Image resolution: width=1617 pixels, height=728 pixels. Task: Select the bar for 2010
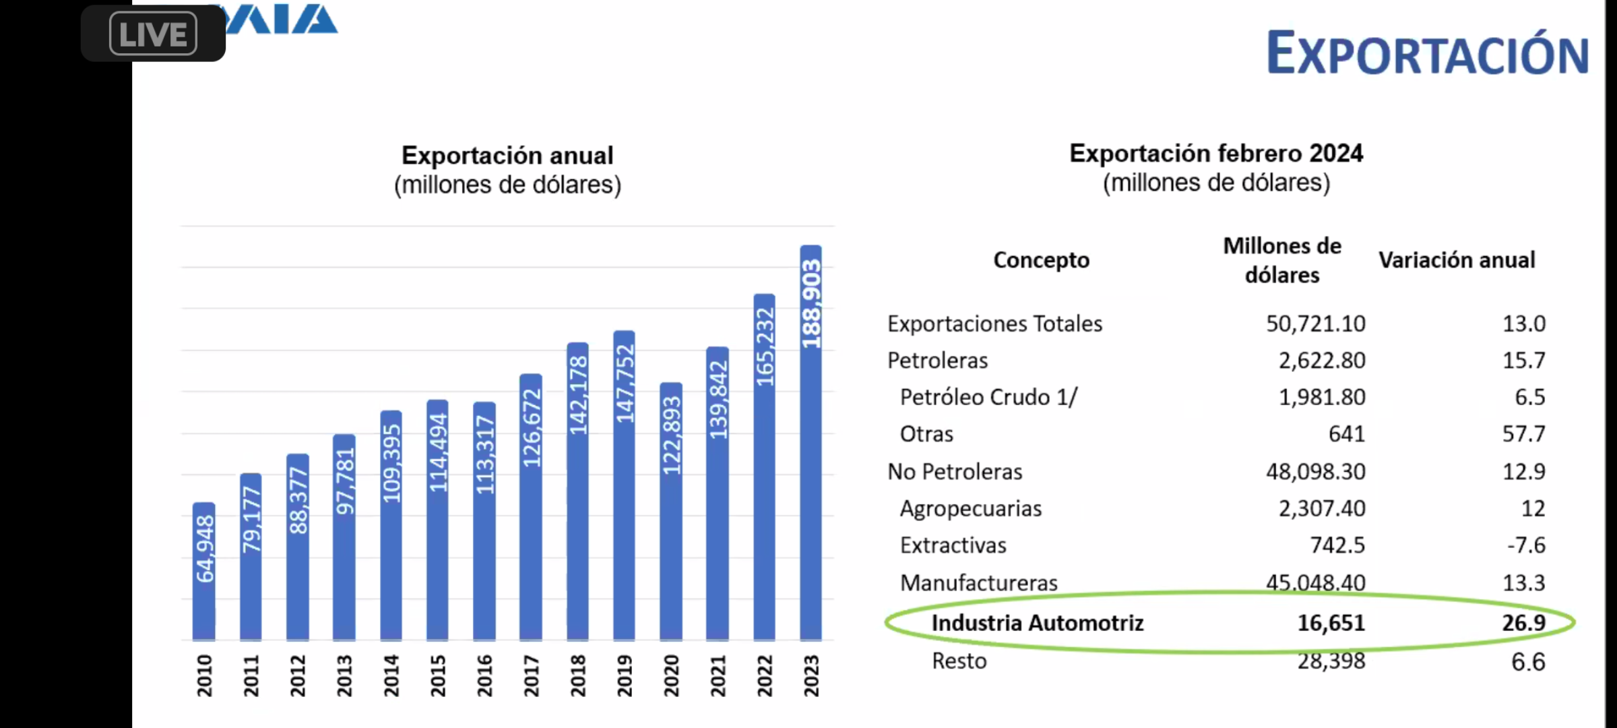pyautogui.click(x=204, y=573)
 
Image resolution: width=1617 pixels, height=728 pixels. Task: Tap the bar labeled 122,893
pyautogui.click(x=671, y=512)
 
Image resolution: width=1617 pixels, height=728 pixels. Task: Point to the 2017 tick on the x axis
pyautogui.click(x=531, y=676)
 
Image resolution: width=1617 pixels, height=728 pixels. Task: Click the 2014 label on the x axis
pyautogui.click(x=391, y=676)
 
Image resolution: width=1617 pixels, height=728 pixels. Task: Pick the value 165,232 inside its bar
pyautogui.click(x=764, y=348)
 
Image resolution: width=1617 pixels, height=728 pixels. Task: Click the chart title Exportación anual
pyautogui.click(x=507, y=156)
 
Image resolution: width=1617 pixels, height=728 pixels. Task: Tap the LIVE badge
pyautogui.click(x=153, y=34)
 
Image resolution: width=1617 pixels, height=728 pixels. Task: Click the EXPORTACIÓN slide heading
pyautogui.click(x=1427, y=54)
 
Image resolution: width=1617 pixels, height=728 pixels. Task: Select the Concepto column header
pyautogui.click(x=1041, y=260)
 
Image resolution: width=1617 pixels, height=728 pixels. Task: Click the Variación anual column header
pyautogui.click(x=1457, y=260)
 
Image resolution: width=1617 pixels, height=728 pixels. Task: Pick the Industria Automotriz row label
pyautogui.click(x=1038, y=623)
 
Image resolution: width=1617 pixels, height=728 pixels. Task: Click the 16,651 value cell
pyautogui.click(x=1331, y=623)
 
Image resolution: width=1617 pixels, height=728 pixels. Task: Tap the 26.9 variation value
pyautogui.click(x=1523, y=623)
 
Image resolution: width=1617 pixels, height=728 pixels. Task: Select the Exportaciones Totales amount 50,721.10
pyautogui.click(x=1315, y=324)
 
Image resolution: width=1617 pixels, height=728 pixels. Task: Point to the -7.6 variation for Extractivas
pyautogui.click(x=1526, y=545)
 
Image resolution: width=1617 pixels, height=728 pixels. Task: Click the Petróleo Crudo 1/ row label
pyautogui.click(x=988, y=398)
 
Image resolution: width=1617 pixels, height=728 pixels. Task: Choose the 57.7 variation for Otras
pyautogui.click(x=1523, y=434)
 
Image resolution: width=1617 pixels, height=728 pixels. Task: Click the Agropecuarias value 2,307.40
pyautogui.click(x=1322, y=509)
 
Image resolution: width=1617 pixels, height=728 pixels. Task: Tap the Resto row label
pyautogui.click(x=959, y=661)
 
